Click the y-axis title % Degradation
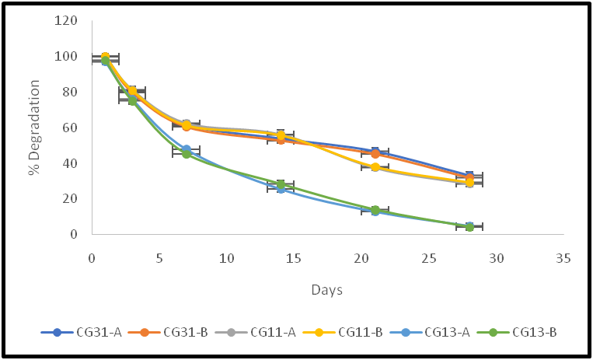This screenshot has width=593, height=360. (x=34, y=128)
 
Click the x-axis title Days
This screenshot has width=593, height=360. (x=327, y=289)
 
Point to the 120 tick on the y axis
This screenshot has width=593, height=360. (x=66, y=21)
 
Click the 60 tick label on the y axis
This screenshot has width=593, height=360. (x=69, y=128)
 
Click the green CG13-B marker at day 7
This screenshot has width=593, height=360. (x=187, y=154)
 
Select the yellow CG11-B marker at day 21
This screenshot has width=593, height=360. (x=375, y=167)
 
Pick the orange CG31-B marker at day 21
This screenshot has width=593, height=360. (x=375, y=154)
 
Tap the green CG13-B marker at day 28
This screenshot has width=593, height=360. (x=469, y=227)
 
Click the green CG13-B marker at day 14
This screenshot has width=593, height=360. (x=281, y=184)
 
